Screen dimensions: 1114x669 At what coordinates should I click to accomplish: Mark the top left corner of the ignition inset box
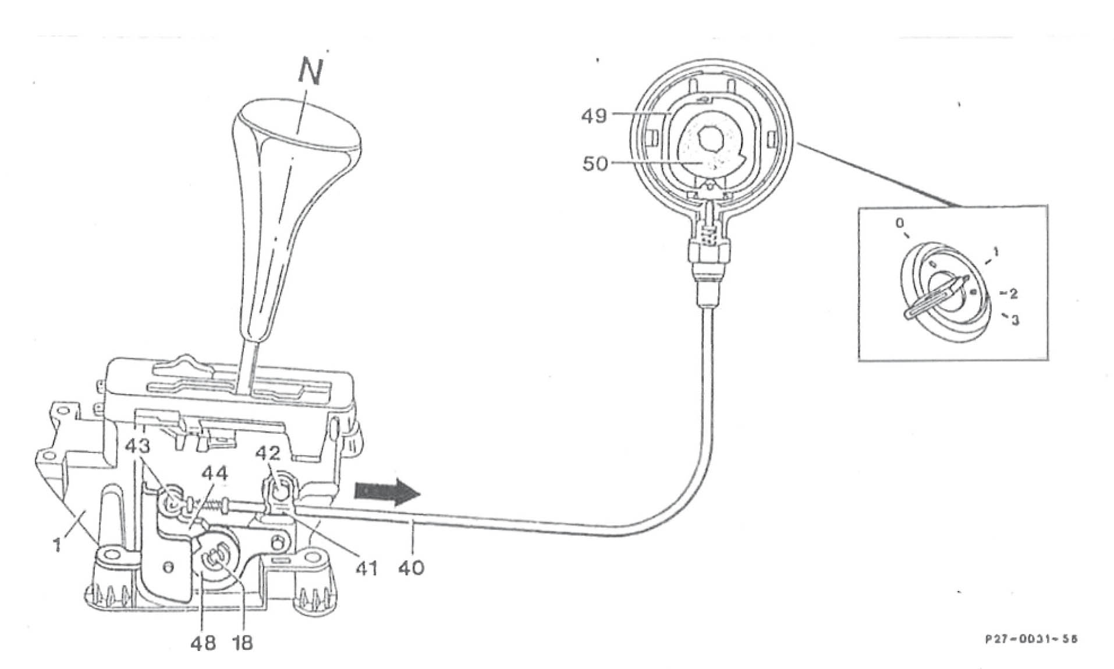[x=859, y=206]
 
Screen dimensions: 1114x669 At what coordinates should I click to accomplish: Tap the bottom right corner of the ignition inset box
[x=1048, y=360]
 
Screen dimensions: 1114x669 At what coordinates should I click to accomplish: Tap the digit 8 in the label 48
[x=210, y=643]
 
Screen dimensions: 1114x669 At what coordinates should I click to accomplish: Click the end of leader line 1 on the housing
[x=85, y=512]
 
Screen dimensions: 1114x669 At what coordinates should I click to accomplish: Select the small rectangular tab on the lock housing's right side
[x=773, y=140]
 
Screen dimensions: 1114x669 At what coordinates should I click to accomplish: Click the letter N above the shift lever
[x=311, y=70]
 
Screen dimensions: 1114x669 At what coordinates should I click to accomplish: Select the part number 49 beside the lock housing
[x=594, y=116]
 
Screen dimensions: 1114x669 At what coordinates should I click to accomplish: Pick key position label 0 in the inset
[x=900, y=223]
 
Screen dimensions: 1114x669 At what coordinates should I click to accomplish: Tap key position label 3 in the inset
[x=1015, y=320]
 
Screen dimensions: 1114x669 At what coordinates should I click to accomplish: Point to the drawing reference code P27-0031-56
[x=1031, y=639]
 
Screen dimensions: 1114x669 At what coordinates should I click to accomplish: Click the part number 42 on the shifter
[x=268, y=454]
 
